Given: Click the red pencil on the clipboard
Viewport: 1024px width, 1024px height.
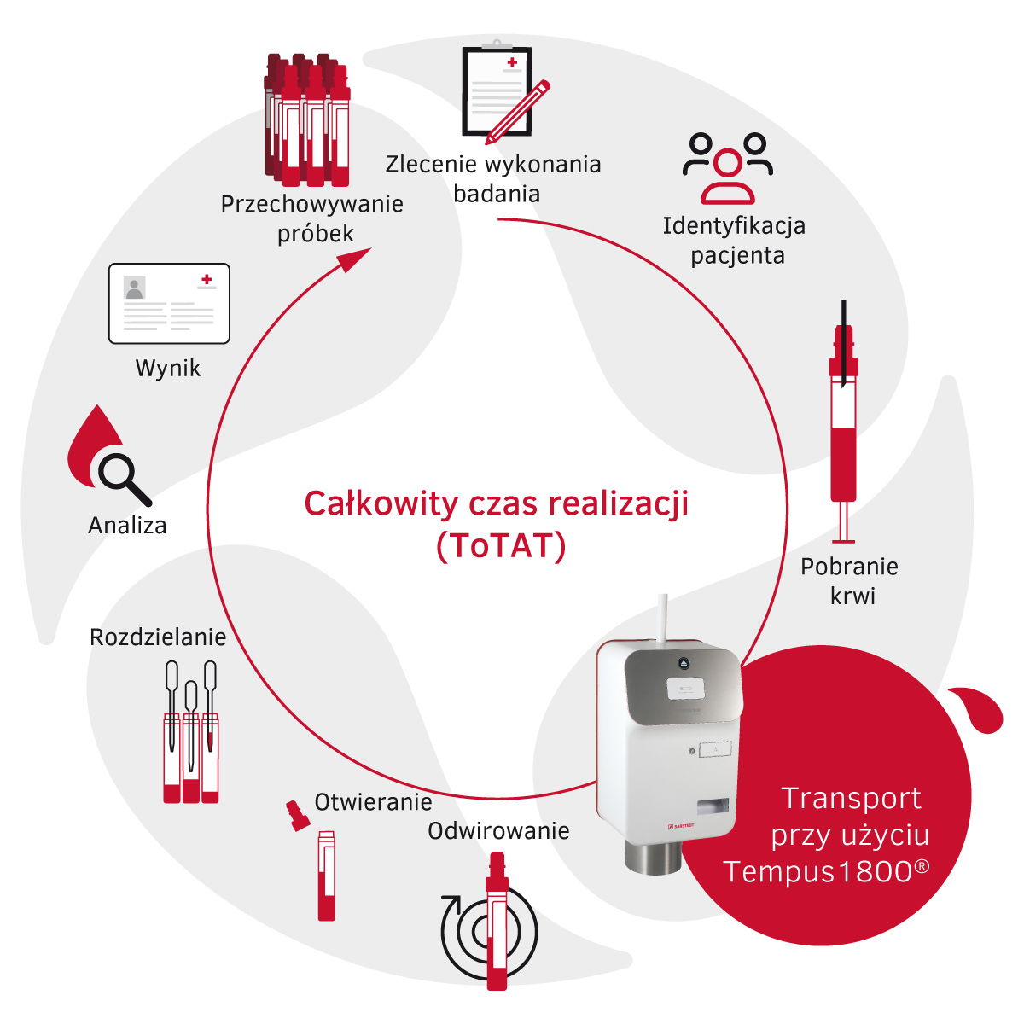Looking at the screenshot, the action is point(517,112).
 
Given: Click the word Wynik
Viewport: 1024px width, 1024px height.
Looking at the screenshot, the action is point(168,369).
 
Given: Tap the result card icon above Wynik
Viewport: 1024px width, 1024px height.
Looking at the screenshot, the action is point(169,304).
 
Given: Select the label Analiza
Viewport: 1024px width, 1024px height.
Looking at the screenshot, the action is point(127,525).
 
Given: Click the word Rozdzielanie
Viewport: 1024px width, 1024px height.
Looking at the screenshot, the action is point(158,637).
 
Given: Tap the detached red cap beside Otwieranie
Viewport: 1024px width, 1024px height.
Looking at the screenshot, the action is point(298,816).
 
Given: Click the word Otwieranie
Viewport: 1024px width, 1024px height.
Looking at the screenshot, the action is point(373,802).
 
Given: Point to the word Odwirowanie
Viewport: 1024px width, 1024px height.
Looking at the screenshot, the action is point(498,830).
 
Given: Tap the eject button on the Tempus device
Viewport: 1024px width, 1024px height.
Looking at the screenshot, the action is point(684,663).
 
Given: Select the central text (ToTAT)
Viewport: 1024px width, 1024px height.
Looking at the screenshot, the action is point(501,546).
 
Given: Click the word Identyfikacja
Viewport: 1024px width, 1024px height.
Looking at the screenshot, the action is point(734,226).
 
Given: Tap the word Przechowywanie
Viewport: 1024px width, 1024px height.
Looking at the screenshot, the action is point(312,205).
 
